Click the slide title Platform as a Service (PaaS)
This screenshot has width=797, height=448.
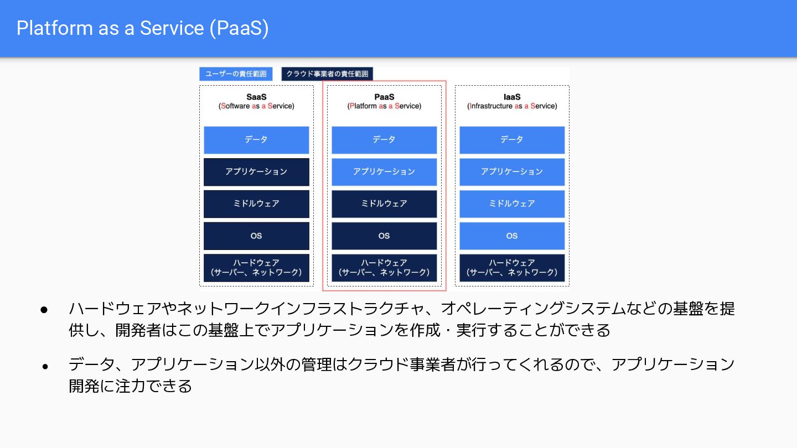(x=143, y=28)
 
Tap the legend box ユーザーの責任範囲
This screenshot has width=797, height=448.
(x=236, y=74)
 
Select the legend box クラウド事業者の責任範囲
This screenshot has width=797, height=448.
(x=327, y=74)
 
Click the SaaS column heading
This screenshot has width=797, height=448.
(x=256, y=101)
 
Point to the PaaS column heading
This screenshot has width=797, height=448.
(x=384, y=101)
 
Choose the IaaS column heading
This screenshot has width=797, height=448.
(x=512, y=101)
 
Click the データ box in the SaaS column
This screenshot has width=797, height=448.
(x=256, y=140)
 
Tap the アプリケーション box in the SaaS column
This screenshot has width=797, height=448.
(x=256, y=172)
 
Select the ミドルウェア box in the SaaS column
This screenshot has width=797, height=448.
(x=256, y=204)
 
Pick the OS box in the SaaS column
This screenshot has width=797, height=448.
(x=256, y=236)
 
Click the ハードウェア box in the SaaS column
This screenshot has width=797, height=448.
(x=256, y=268)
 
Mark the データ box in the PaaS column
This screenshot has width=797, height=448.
(x=384, y=140)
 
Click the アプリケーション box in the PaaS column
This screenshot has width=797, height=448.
(x=384, y=172)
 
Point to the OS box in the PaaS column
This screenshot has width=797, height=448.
(x=384, y=236)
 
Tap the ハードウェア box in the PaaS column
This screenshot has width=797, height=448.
(x=384, y=268)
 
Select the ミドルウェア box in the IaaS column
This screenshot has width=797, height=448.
(x=512, y=204)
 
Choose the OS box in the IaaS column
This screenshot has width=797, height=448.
(x=512, y=236)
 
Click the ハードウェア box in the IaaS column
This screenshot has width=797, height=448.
(x=512, y=268)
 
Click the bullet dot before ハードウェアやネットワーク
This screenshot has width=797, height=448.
(x=45, y=309)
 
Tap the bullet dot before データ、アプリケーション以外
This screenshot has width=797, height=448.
(x=45, y=366)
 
